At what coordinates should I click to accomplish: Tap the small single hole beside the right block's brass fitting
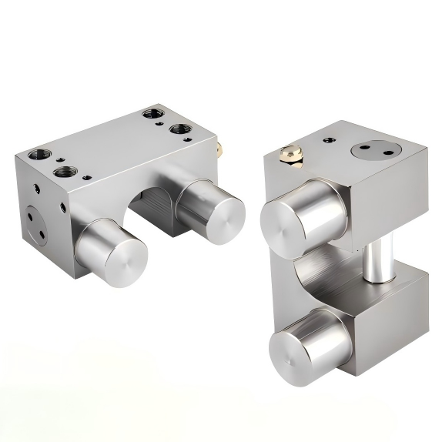click(330, 141)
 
